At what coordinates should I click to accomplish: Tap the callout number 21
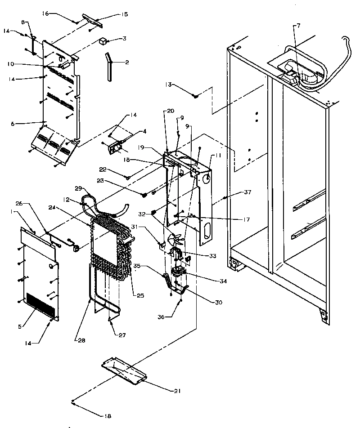coord(177,391)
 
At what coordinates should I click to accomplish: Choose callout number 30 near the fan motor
coord(218,302)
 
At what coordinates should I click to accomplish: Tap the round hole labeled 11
coord(207,179)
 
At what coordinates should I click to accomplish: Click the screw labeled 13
coord(196,95)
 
